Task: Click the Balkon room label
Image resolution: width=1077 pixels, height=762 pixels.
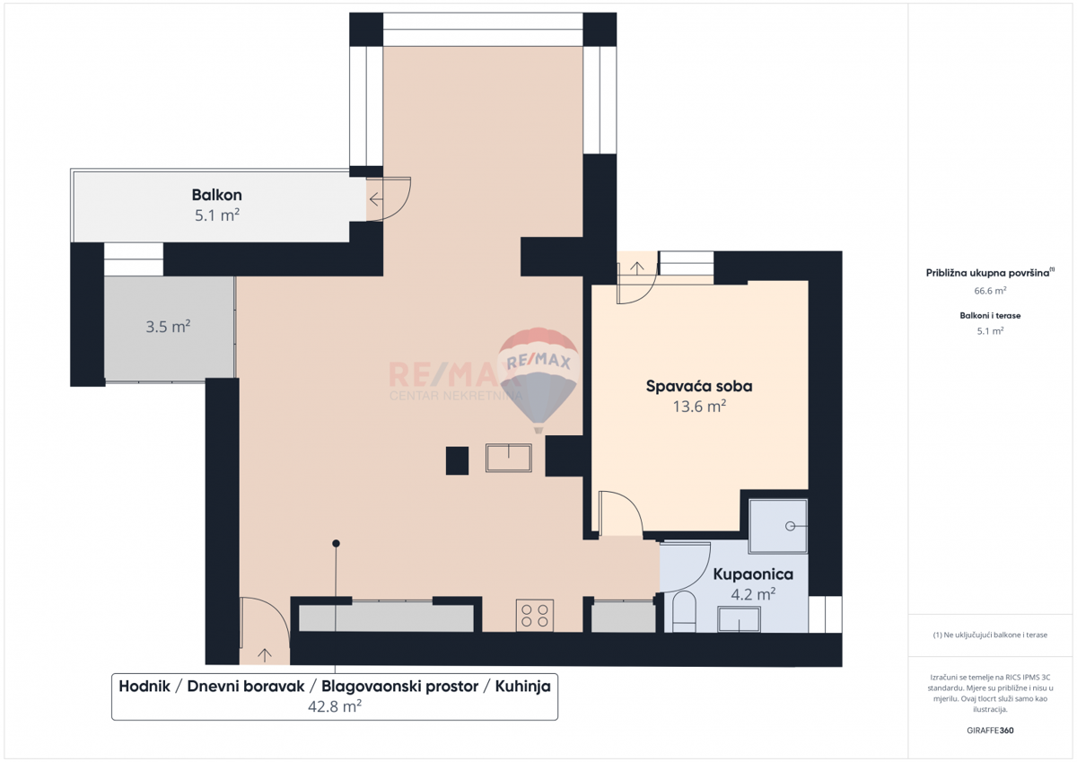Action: pyautogui.click(x=216, y=195)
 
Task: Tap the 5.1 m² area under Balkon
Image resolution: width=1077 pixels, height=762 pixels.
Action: pyautogui.click(x=216, y=215)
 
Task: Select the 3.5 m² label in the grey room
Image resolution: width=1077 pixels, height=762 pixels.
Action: pyautogui.click(x=168, y=327)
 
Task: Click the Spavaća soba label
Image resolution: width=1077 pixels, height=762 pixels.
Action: pyautogui.click(x=699, y=386)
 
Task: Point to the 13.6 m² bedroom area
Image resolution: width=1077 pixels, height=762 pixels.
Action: pyautogui.click(x=699, y=407)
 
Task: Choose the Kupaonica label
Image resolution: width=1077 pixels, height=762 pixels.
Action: pyautogui.click(x=753, y=574)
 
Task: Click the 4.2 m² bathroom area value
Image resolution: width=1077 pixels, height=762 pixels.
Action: pyautogui.click(x=753, y=594)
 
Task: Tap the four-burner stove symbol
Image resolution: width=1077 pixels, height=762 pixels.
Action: pyautogui.click(x=535, y=615)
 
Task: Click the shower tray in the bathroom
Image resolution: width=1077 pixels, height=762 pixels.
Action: pyautogui.click(x=778, y=525)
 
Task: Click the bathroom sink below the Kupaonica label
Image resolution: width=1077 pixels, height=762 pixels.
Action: pyautogui.click(x=739, y=618)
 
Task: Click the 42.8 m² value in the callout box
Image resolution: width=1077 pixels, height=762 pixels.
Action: pyautogui.click(x=334, y=706)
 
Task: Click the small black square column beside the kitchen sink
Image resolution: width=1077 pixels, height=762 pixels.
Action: pyautogui.click(x=458, y=460)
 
